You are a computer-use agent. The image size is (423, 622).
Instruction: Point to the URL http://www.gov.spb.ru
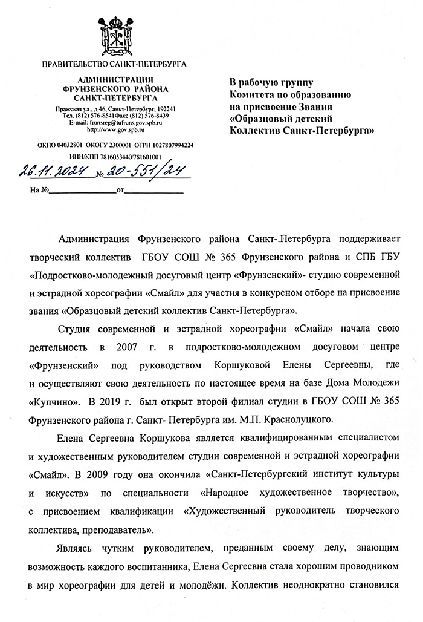pos(113,129)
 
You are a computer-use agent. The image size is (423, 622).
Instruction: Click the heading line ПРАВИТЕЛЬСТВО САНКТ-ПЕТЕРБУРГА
pos(114,64)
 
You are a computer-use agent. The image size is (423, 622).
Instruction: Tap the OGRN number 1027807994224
pos(166,145)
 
